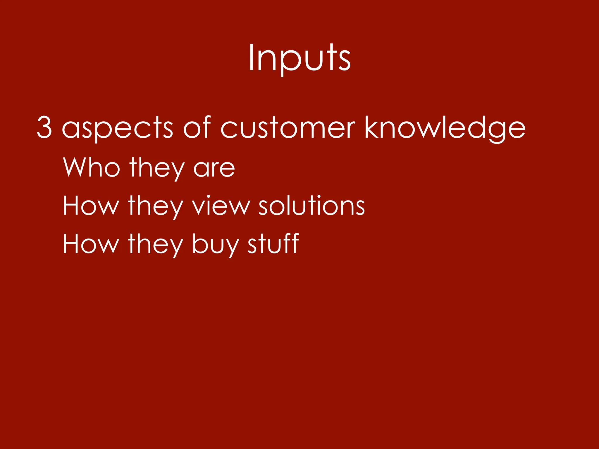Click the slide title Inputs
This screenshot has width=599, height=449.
pos(299,58)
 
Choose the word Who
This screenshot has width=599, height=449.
pos(92,167)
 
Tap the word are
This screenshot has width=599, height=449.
pos(214,169)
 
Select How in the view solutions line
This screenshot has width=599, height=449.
pos(91,205)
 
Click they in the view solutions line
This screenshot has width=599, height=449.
pos(156,206)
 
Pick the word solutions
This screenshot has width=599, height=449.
pos(311,205)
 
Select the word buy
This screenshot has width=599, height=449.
pos(216,245)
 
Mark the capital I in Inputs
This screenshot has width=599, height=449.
pos(251,58)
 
